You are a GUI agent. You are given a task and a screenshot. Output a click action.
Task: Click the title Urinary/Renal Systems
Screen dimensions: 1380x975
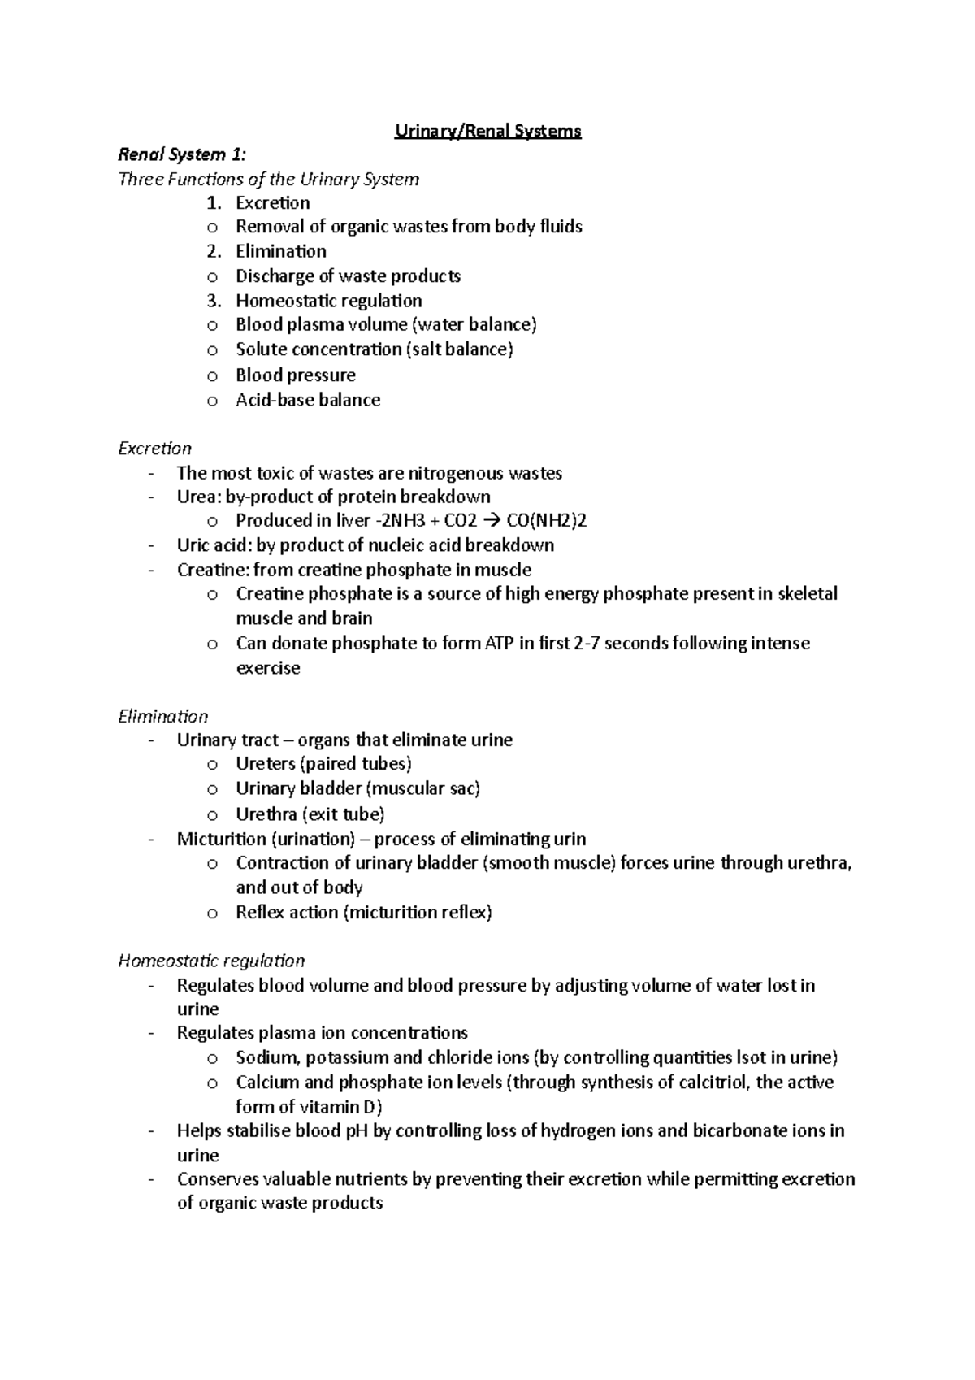487,131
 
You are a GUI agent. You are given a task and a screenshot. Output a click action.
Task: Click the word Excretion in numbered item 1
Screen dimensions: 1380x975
272,202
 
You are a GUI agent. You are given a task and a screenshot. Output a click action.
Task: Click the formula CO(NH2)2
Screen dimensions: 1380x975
546,521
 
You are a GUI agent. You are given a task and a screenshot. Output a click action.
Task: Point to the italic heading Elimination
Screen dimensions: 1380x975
162,716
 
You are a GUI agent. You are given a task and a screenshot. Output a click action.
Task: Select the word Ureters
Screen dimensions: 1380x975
265,763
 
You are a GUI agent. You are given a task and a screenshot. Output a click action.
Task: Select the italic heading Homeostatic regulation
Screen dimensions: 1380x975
211,961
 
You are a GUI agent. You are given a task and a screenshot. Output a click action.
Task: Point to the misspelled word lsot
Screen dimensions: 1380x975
749,1057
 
